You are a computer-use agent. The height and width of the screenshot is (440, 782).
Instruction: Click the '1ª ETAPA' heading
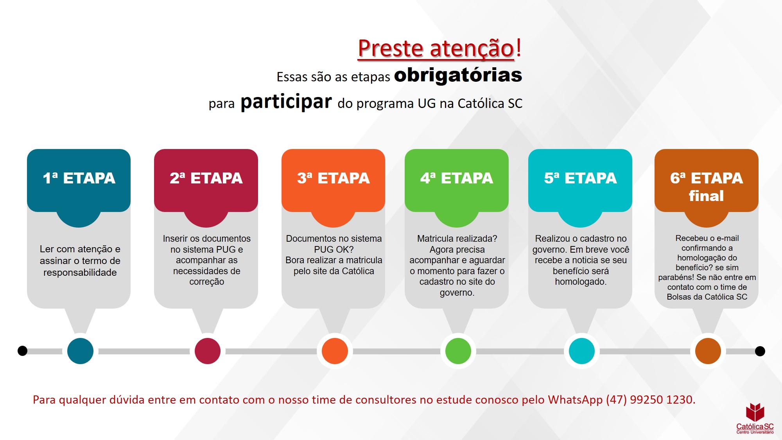point(79,178)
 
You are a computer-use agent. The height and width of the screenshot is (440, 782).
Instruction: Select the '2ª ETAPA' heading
point(206,178)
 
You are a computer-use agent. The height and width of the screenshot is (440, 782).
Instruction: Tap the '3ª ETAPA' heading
point(333,178)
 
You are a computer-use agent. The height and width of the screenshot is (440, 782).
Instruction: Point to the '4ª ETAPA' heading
point(457,178)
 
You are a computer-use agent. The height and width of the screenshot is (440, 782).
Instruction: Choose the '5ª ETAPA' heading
point(580,178)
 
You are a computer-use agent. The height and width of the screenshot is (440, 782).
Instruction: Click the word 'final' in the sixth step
point(706,196)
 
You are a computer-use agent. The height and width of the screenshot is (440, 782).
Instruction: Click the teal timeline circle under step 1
point(80,351)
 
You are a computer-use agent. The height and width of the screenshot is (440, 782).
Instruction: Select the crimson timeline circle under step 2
point(207,351)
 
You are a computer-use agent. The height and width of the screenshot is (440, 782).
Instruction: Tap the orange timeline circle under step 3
point(335,351)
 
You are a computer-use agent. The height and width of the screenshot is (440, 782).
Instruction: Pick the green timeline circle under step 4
point(458,351)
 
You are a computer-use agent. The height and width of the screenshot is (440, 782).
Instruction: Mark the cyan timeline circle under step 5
point(581,351)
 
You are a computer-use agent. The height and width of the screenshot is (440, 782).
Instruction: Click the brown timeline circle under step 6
point(708,351)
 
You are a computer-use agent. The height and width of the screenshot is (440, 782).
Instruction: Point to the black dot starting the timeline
point(23,351)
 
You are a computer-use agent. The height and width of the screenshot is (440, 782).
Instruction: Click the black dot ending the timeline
point(760,351)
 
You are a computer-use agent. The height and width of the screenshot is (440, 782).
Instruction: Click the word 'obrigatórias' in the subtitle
point(458,75)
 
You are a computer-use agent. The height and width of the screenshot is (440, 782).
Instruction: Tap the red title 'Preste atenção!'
point(439,48)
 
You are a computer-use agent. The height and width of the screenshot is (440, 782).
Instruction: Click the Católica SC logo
point(755,418)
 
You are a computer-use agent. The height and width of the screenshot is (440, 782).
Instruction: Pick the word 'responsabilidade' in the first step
point(80,273)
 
